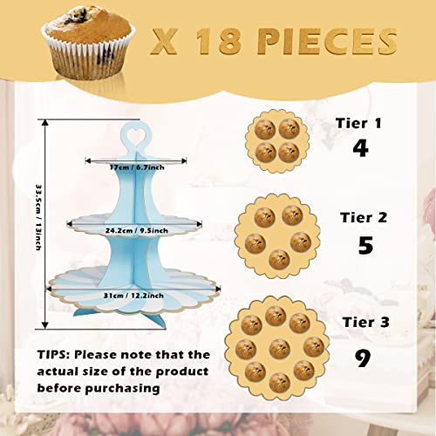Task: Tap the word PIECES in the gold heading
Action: point(327,41)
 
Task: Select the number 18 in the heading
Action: point(218,41)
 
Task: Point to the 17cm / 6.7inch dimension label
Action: point(137,167)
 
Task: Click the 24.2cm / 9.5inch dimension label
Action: point(137,231)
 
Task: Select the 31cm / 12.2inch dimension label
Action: point(133,296)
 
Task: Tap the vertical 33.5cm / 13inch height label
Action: point(38,217)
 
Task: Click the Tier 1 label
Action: point(358,123)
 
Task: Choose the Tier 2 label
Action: point(364,217)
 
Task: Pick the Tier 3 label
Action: point(365,322)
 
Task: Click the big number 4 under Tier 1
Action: point(360,148)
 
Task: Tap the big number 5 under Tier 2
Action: point(365,245)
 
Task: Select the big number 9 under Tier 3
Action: point(363,358)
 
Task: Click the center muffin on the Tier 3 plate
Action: point(280,349)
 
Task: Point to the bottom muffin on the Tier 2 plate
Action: point(279,260)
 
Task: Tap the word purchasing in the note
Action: point(122,388)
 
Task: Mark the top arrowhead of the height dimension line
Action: point(44,122)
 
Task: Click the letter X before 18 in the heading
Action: point(164,42)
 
